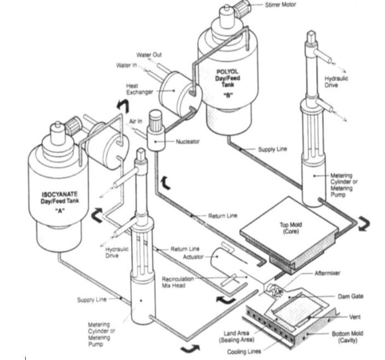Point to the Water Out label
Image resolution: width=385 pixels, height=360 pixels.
tap(149, 55)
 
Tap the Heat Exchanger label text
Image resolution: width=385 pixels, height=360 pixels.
tap(139, 89)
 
